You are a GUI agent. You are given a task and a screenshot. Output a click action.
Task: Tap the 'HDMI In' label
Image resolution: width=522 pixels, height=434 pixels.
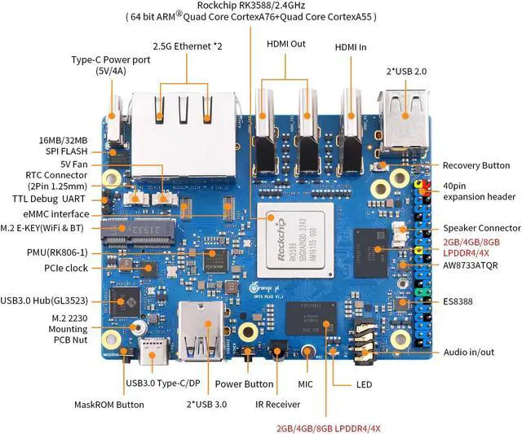pos(350,47)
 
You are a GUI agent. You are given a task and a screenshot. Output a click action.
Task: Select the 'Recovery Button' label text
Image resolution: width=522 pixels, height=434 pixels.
pos(476,165)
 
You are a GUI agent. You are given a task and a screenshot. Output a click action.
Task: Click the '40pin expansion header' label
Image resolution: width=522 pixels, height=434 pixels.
pos(478,191)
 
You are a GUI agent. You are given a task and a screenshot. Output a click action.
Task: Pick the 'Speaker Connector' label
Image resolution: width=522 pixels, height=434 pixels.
pos(481,228)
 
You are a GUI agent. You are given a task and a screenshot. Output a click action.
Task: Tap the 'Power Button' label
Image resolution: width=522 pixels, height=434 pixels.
pos(244,384)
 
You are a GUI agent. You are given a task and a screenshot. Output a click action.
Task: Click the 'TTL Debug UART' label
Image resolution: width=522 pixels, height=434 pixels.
pos(51,199)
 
